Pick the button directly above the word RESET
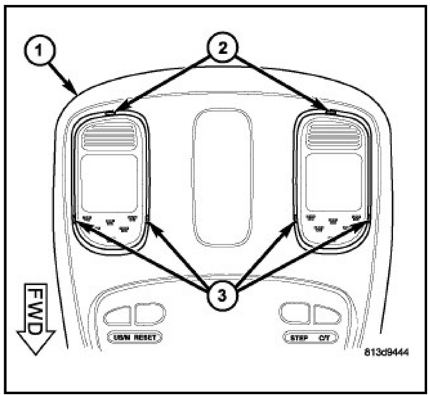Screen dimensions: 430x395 [x=149, y=314]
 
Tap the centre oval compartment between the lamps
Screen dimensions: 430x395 [x=221, y=178]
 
